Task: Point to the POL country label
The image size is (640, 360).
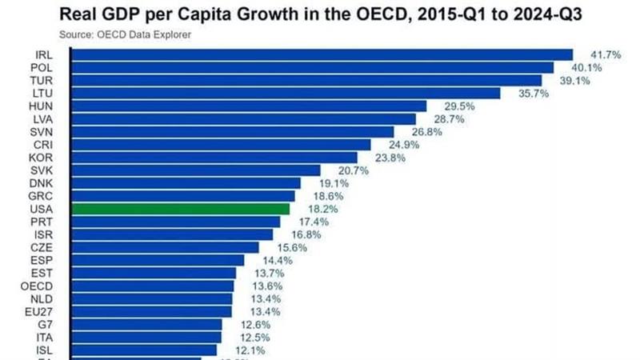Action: [42, 67]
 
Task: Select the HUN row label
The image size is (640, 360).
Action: [42, 106]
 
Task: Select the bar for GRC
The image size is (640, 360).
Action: [183, 195]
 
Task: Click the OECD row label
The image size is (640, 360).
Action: [39, 285]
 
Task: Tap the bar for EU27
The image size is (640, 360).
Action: [152, 310]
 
